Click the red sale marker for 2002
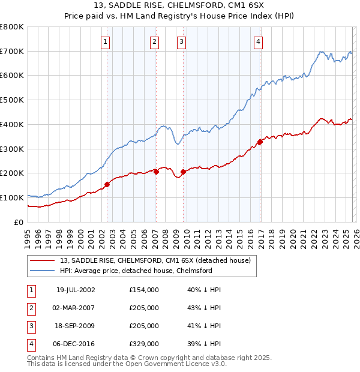pos(107,184)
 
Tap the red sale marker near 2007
pos(156,172)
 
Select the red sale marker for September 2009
pos(183,172)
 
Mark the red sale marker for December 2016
pos(260,142)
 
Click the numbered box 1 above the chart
pos(106,41)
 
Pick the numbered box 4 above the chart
pos(258,41)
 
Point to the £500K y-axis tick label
pos(11,100)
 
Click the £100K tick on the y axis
pos(11,197)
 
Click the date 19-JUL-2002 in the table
pos(75,290)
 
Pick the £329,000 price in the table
pos(144,344)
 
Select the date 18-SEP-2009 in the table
pos(75,326)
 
